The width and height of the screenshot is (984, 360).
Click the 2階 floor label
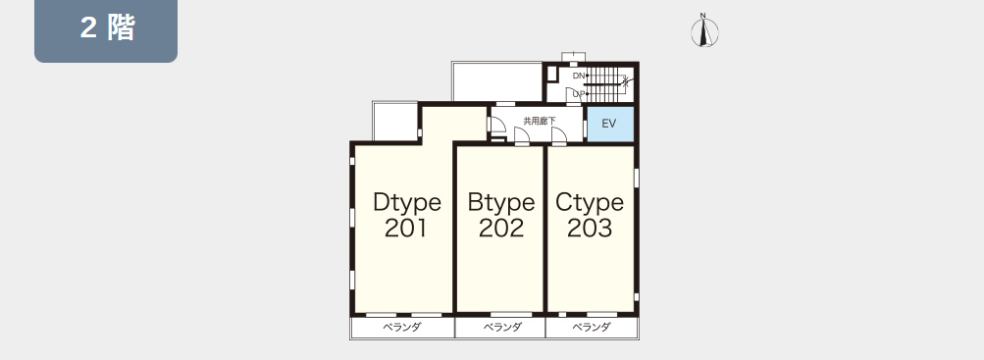point(107,28)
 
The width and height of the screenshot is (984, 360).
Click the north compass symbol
point(704,31)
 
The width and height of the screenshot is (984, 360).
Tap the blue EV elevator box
point(609,125)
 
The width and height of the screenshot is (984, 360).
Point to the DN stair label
point(579,76)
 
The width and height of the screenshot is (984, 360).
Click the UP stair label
point(579,94)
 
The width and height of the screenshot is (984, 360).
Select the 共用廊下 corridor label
point(540,121)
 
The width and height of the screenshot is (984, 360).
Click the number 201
point(406,229)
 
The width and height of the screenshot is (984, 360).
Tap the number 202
point(500,229)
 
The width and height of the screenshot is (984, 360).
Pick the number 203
point(590,229)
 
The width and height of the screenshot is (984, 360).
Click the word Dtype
point(407,203)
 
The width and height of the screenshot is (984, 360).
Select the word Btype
point(501,203)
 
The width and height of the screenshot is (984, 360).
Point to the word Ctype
point(590,203)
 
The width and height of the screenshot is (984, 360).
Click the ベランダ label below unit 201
point(402,327)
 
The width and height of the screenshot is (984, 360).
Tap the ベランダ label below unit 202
point(502,327)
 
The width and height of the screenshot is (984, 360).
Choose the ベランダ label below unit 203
point(592,327)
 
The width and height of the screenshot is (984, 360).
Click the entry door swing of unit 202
point(521,136)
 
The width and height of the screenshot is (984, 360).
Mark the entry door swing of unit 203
point(559,136)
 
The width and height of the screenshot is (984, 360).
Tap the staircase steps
point(604,85)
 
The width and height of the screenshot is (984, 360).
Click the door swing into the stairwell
point(574,95)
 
